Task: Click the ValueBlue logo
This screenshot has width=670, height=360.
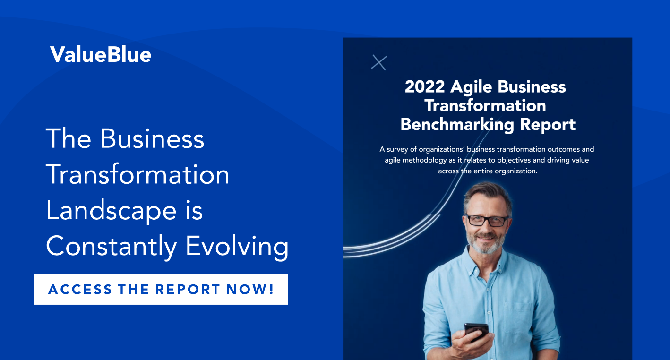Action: coord(101,54)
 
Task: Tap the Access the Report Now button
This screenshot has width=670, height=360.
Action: coord(161,290)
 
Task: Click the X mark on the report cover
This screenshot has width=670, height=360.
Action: coord(379,63)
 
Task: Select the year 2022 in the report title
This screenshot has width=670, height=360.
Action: coord(425,87)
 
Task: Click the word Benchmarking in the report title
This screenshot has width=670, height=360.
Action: coord(457,124)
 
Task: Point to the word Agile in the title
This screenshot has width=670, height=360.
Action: coord(471,87)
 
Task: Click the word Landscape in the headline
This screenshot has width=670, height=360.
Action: coord(111,211)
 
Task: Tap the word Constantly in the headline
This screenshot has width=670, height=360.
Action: coord(111,247)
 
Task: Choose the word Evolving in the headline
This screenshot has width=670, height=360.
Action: coord(237,247)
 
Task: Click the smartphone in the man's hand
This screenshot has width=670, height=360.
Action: coord(476,331)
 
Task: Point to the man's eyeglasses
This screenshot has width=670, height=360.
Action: coord(488,221)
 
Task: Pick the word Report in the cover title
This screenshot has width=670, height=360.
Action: coord(547,124)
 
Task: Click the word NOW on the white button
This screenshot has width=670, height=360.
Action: coord(250,290)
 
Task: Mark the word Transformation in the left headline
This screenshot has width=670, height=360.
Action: coord(137,175)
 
